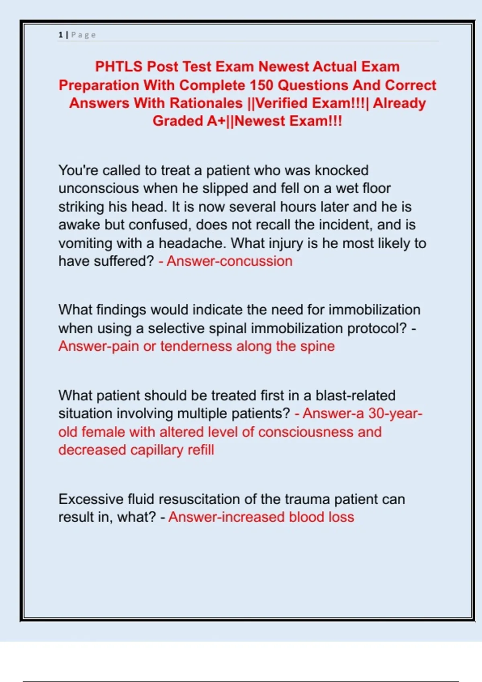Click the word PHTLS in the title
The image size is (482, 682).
pos(118,67)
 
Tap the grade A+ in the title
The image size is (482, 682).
pos(216,121)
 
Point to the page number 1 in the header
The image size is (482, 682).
pos(60,35)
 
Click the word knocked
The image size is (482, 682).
pos(341,170)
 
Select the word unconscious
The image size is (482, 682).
pos(99,189)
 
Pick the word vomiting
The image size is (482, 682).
pos(85,243)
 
